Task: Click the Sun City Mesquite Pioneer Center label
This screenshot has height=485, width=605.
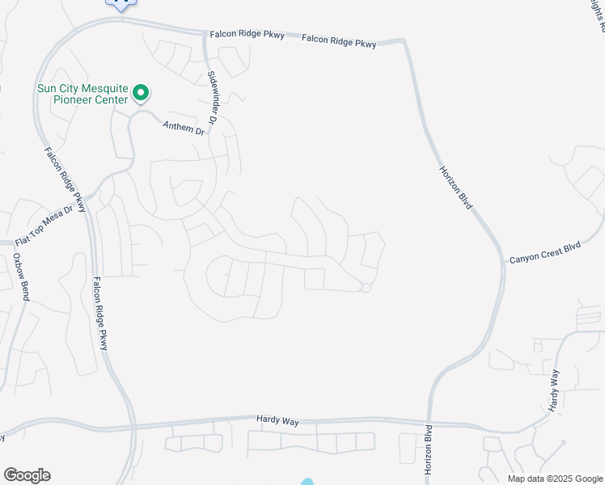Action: [82, 94]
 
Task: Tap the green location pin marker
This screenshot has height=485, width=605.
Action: [141, 94]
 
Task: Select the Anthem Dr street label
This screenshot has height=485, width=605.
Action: [184, 128]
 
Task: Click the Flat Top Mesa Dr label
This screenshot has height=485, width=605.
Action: [49, 226]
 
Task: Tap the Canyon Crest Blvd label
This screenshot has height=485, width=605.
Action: [545, 254]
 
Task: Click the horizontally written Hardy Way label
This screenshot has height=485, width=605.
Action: [278, 419]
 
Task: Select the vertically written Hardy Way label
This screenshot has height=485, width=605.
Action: [555, 390]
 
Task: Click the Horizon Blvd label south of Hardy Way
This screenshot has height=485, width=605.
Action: [429, 449]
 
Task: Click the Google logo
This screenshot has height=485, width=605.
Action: [27, 475]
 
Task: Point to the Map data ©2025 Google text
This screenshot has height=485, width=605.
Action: [554, 479]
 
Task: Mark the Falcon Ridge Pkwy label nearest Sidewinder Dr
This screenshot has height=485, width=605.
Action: [247, 35]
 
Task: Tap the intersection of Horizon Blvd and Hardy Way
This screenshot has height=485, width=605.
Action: [428, 421]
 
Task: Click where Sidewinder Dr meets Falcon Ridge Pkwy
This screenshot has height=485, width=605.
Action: [207, 34]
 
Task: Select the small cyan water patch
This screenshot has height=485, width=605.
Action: [307, 483]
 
